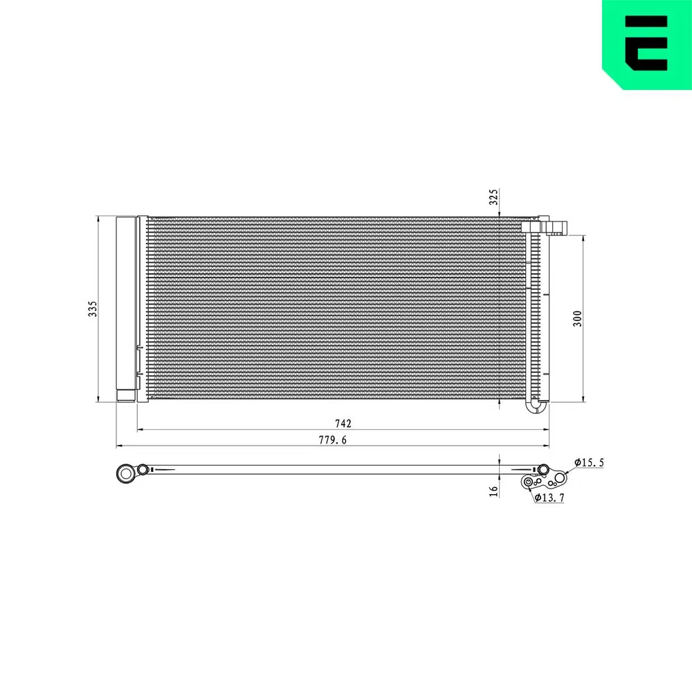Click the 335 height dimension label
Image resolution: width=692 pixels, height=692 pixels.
(x=92, y=309)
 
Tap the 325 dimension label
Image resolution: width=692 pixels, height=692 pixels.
(x=493, y=197)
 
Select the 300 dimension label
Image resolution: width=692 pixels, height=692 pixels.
(x=577, y=318)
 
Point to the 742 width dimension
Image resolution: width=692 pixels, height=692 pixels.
(x=343, y=424)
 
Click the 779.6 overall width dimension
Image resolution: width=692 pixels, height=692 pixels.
(x=333, y=440)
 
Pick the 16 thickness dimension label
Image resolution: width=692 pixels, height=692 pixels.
(x=493, y=491)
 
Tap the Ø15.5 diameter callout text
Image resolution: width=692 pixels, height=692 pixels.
(x=589, y=462)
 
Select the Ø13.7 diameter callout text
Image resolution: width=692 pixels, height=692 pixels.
(x=549, y=498)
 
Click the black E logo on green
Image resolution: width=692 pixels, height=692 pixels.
(x=646, y=43)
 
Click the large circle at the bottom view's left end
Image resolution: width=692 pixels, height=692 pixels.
(x=126, y=473)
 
